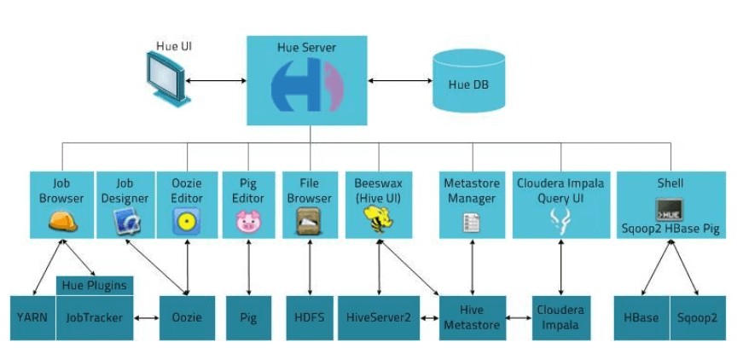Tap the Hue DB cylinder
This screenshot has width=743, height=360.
click(x=467, y=82)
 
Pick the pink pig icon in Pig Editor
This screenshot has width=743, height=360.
click(x=247, y=222)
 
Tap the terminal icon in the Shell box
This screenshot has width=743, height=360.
click(x=670, y=210)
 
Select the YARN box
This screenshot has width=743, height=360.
click(x=32, y=317)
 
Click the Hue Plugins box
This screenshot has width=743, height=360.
click(x=95, y=285)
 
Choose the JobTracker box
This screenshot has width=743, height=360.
click(x=95, y=317)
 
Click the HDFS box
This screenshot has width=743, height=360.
click(x=307, y=317)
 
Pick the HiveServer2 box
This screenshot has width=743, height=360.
click(x=379, y=317)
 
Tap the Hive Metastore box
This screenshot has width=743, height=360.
click(x=471, y=317)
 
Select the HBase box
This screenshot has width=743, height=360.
click(x=641, y=317)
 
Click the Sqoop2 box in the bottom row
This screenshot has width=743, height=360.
click(x=699, y=317)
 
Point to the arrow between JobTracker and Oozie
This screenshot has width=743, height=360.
click(x=147, y=318)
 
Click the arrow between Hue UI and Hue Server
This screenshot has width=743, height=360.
click(x=217, y=82)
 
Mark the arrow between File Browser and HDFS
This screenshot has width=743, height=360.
click(x=307, y=266)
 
